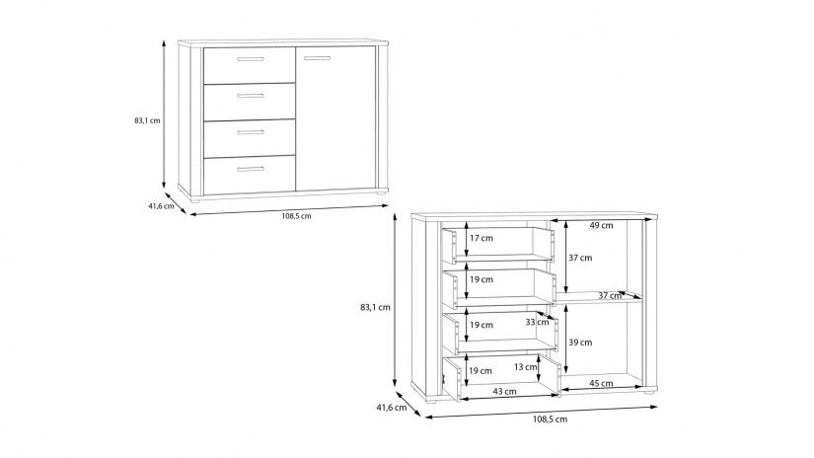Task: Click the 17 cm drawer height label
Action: click(x=481, y=239)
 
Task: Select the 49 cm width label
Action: click(x=601, y=225)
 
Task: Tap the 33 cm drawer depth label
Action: click(x=537, y=323)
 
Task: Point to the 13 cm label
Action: click(x=525, y=367)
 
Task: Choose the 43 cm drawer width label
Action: click(x=503, y=392)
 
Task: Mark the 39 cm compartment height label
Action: click(x=580, y=343)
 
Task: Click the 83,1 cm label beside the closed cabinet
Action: click(x=147, y=120)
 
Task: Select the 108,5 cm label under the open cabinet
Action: click(x=551, y=420)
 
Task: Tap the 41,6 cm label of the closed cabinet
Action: click(x=162, y=206)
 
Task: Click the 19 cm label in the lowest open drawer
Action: click(x=481, y=370)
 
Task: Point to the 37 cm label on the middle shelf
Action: click(x=610, y=295)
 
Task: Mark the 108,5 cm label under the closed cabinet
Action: click(x=290, y=216)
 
